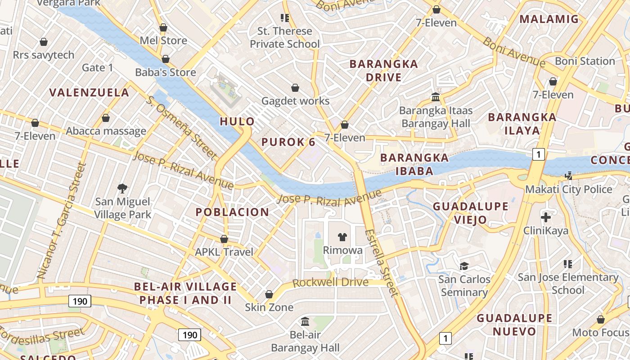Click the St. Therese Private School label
click(x=284, y=37)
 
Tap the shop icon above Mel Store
click(x=163, y=27)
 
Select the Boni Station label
click(x=585, y=61)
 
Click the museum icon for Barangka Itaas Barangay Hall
click(x=436, y=97)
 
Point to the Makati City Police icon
click(x=569, y=175)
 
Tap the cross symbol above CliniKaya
click(x=545, y=218)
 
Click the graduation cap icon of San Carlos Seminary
click(x=464, y=266)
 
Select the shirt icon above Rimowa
click(x=343, y=237)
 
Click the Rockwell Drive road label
click(x=330, y=283)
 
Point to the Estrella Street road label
click(x=382, y=263)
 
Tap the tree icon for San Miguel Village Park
click(x=122, y=188)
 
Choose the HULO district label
click(x=237, y=121)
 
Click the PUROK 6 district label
click(x=288, y=142)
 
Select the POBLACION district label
click(x=232, y=212)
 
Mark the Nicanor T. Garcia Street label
click(x=61, y=220)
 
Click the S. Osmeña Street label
click(x=182, y=127)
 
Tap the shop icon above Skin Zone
click(x=269, y=294)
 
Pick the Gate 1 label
click(x=98, y=67)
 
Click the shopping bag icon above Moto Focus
click(x=600, y=319)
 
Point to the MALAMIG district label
click(x=549, y=19)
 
